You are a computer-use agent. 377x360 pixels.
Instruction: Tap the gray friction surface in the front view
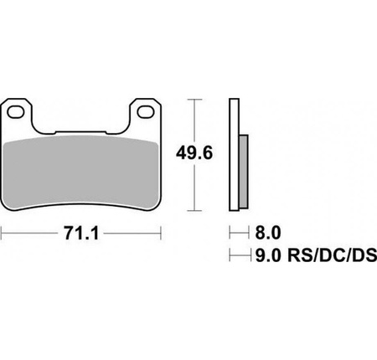click(x=82, y=172)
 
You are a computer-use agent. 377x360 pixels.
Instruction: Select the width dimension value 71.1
click(x=82, y=234)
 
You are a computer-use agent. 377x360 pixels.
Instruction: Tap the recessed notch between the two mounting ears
click(x=82, y=131)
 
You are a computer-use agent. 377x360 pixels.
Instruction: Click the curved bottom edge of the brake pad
click(x=82, y=199)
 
